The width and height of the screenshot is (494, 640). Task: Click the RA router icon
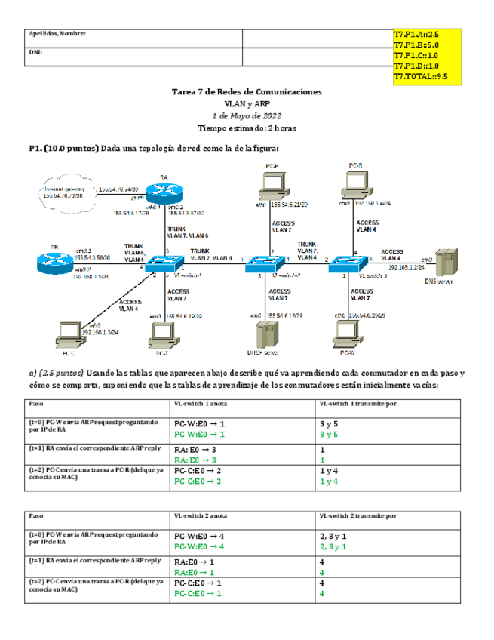coord(163,192)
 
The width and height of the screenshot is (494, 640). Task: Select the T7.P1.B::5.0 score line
coord(416,45)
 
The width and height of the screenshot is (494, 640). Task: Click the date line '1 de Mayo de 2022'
coord(247,116)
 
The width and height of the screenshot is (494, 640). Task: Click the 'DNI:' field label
coord(35,53)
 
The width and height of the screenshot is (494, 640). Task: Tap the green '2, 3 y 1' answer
coord(333,546)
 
